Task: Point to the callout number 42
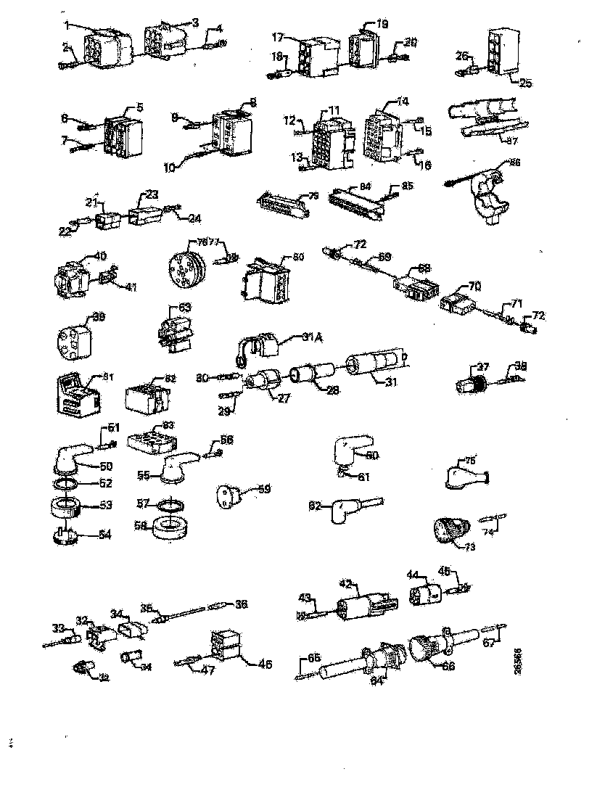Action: tap(345, 583)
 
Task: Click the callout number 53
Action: tap(85, 505)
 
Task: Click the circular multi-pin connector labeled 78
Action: tap(186, 268)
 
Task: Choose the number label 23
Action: tap(151, 194)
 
